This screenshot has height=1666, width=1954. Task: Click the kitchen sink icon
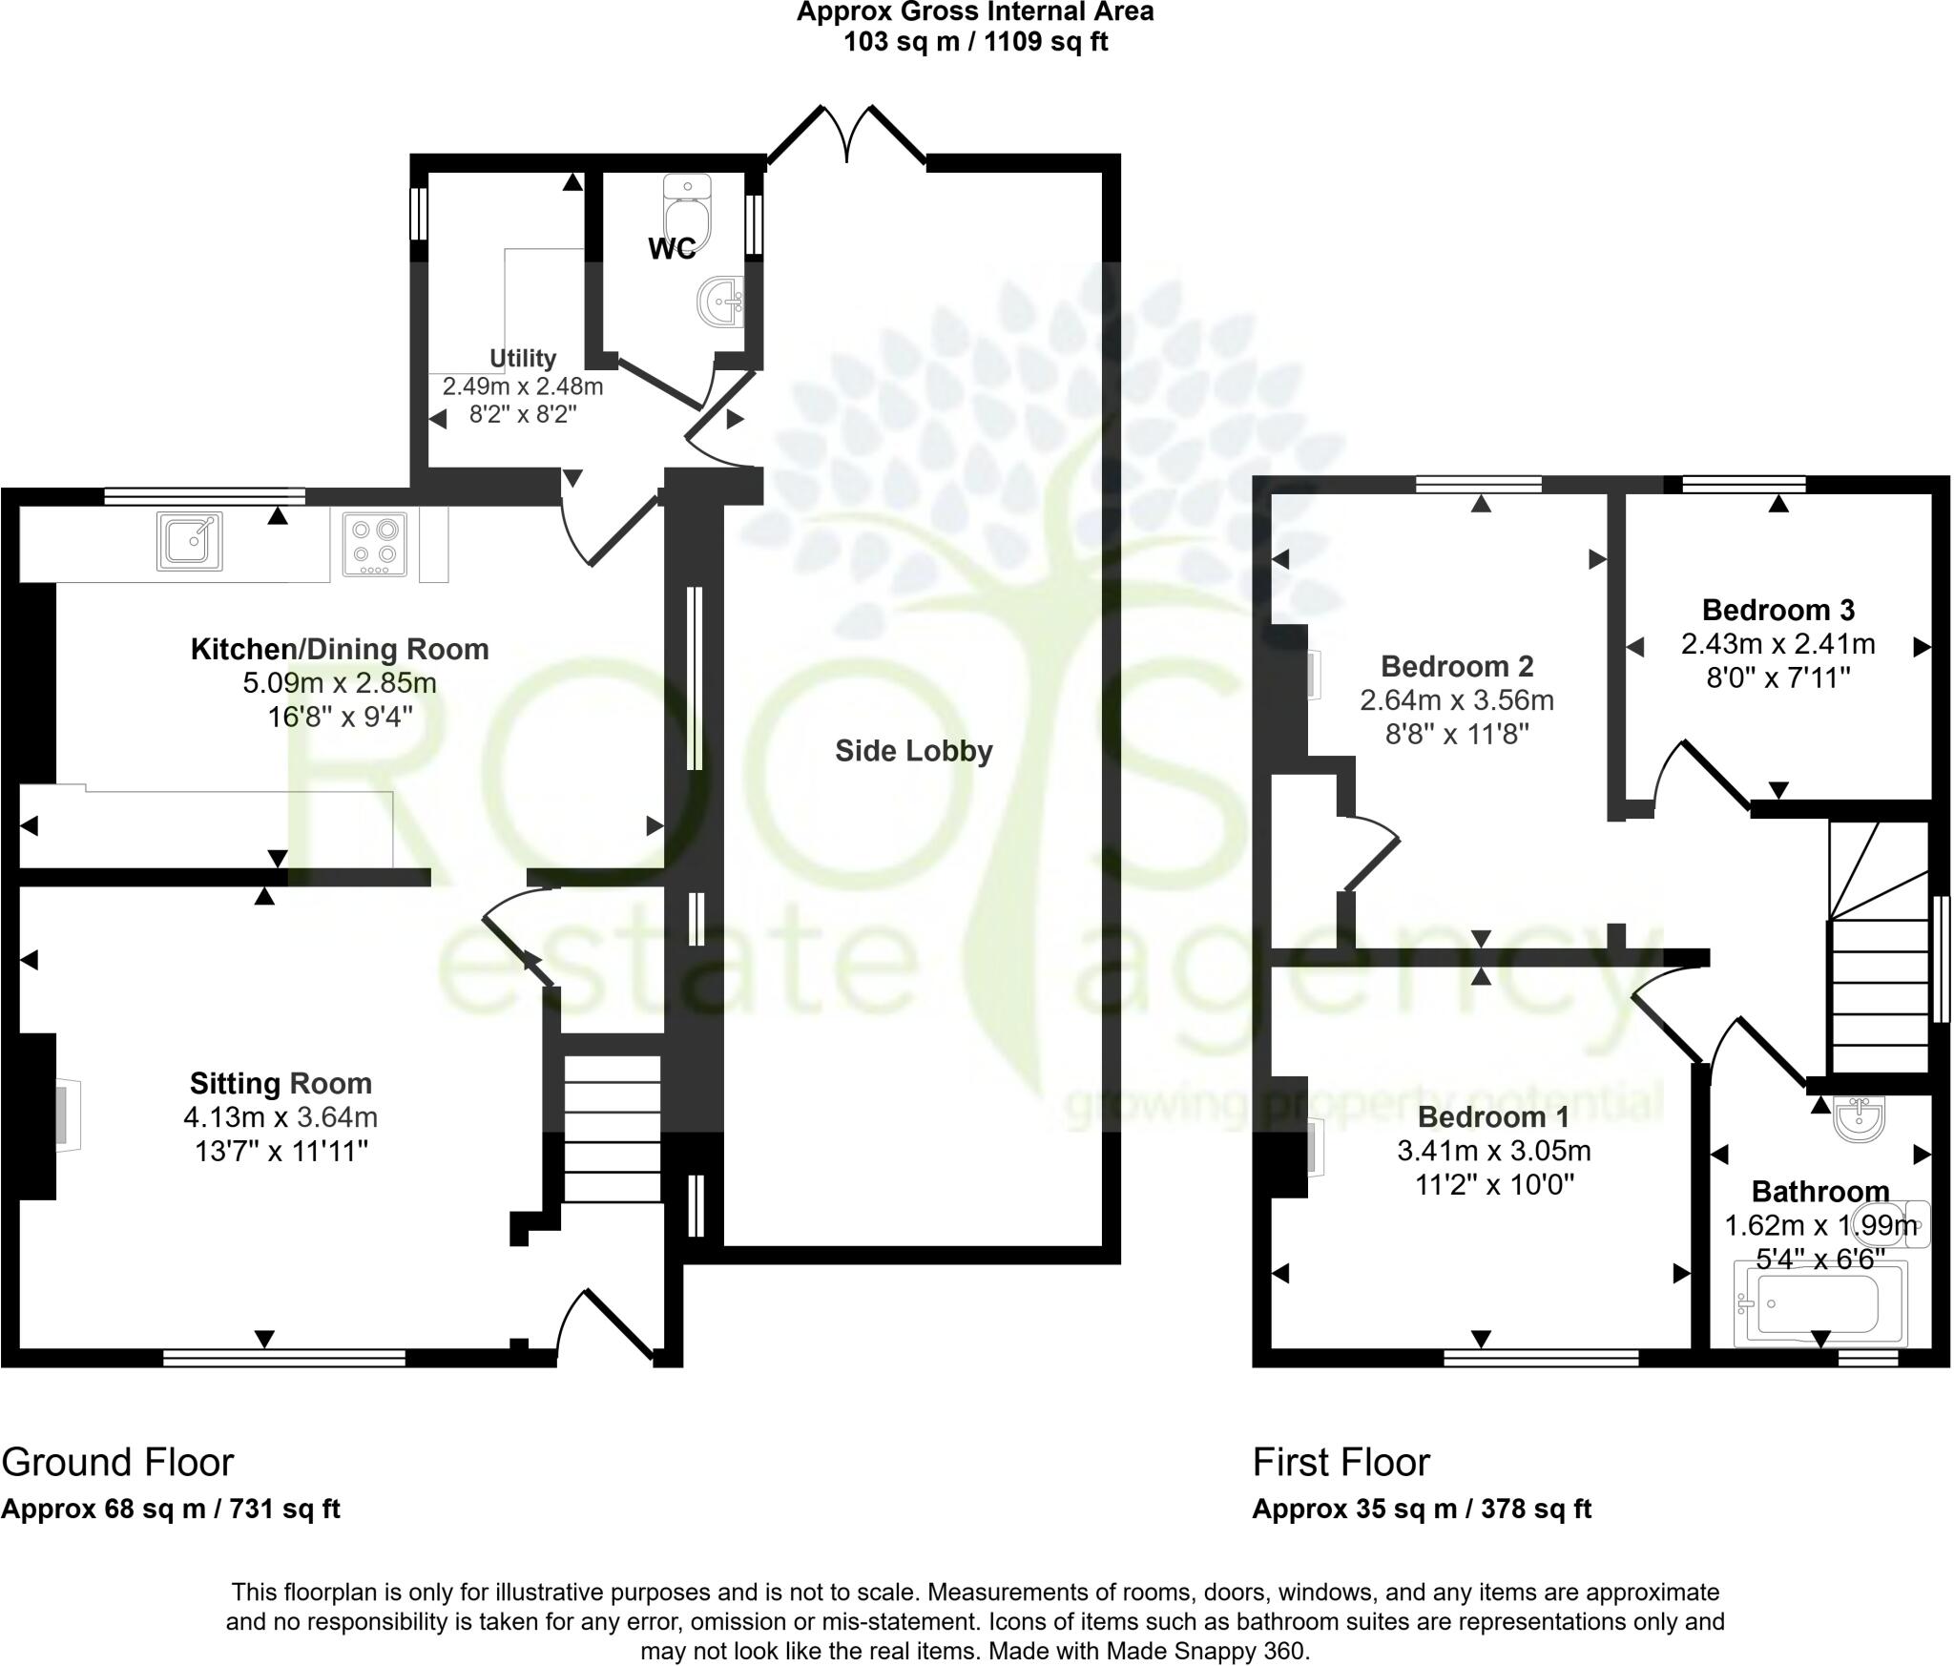[190, 541]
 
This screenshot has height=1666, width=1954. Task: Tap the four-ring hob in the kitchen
[374, 544]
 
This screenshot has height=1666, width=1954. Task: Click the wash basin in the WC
[720, 303]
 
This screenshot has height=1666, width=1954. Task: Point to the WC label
[673, 249]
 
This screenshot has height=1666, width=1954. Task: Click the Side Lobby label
[913, 752]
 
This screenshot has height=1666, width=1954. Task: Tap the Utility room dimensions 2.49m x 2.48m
[522, 386]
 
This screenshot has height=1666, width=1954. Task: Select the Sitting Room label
[281, 1083]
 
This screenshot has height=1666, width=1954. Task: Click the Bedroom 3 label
[1777, 610]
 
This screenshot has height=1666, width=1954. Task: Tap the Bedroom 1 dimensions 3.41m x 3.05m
[1494, 1151]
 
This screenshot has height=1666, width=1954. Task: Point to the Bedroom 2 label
[1457, 665]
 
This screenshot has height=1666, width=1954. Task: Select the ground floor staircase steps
[613, 1129]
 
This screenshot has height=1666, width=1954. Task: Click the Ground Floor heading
[117, 1462]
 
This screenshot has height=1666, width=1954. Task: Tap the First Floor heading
[1341, 1462]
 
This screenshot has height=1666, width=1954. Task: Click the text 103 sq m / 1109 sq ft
[975, 43]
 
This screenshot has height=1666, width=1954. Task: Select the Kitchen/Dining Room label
[340, 650]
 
